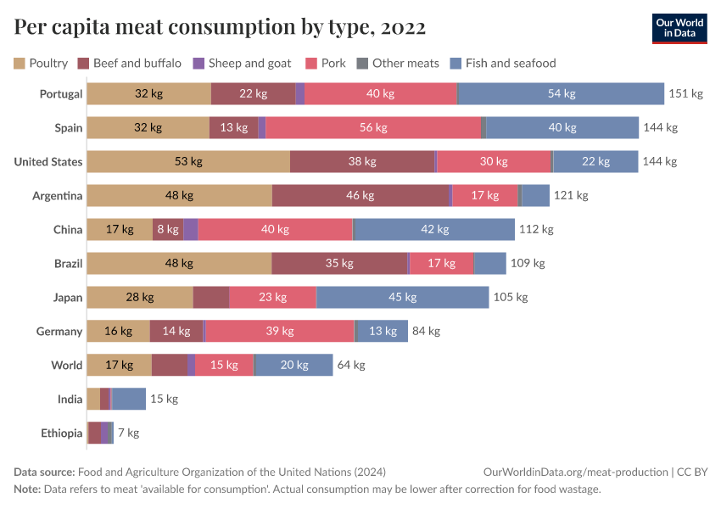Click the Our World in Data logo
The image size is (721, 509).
click(679, 28)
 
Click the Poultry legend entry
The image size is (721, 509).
click(41, 63)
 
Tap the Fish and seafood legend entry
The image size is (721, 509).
click(502, 63)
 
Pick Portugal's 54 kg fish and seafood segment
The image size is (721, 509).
click(561, 93)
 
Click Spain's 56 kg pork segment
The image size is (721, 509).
click(373, 127)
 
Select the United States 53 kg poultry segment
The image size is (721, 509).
click(188, 161)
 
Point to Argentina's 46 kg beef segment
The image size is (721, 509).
click(360, 195)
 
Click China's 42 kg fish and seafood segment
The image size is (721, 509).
click(433, 229)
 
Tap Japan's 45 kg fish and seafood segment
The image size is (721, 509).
click(402, 297)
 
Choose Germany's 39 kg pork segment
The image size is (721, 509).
click(280, 331)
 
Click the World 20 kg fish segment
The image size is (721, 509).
click(293, 365)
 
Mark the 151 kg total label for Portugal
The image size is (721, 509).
click(685, 93)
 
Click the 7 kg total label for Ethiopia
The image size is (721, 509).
click(128, 433)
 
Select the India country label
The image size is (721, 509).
click(70, 399)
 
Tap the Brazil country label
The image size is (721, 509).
click(68, 263)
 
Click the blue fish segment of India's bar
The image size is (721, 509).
click(129, 399)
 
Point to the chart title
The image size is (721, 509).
click(220, 27)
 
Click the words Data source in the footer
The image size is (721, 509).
click(44, 472)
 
